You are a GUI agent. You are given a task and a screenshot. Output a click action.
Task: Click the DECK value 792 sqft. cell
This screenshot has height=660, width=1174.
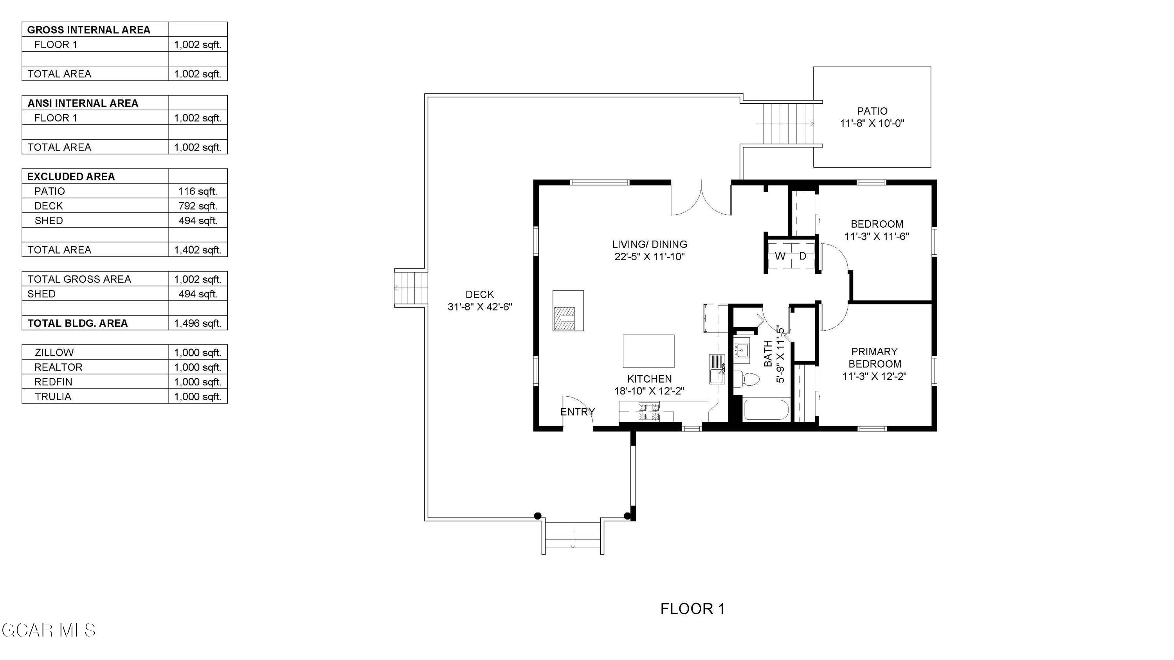pyautogui.click(x=198, y=206)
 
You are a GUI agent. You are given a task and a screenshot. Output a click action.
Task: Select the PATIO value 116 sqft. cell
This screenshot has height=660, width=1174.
pyautogui.click(x=198, y=191)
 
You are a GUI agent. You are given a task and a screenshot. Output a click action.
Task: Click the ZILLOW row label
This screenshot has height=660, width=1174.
pyautogui.click(x=54, y=352)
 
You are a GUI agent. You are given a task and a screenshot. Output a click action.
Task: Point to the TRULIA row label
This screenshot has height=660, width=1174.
pyautogui.click(x=53, y=397)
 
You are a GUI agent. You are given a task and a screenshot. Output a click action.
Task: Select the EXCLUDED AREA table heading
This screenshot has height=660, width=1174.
pyautogui.click(x=71, y=177)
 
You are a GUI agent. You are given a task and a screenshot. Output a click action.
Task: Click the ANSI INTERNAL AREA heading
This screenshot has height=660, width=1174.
pyautogui.click(x=83, y=103)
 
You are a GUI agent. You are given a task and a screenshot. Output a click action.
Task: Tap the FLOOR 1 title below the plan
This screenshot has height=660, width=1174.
pyautogui.click(x=692, y=608)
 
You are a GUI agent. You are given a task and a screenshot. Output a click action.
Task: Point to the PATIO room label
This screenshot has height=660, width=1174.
pyautogui.click(x=872, y=111)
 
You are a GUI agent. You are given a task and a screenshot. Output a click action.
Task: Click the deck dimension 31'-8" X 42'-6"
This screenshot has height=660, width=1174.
pyautogui.click(x=480, y=307)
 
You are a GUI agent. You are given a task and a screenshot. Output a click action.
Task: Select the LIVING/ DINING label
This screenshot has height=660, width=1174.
pyautogui.click(x=650, y=245)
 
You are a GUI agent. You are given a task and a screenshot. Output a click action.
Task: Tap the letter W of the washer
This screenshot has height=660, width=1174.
pyautogui.click(x=780, y=256)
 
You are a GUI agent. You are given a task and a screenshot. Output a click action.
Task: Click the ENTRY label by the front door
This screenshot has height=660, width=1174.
pyautogui.click(x=578, y=412)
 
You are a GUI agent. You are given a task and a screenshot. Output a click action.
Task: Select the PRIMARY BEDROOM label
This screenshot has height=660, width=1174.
pyautogui.click(x=875, y=358)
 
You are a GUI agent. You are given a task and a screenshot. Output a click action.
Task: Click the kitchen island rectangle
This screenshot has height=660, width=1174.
pyautogui.click(x=648, y=351)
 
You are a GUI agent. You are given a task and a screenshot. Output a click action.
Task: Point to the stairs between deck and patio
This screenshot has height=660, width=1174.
pyautogui.click(x=784, y=124)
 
